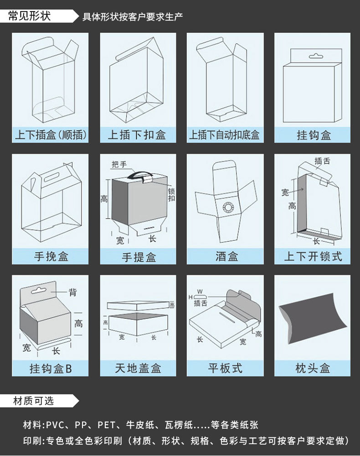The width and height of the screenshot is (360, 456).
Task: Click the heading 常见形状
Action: [30, 16]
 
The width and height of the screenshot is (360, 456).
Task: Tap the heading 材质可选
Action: [33, 401]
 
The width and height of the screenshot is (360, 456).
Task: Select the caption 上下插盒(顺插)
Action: [50, 135]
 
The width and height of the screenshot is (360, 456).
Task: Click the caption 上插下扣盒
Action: [137, 135]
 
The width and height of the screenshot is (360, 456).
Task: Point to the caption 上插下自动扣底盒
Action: [225, 135]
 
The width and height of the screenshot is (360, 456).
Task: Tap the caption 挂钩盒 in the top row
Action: [313, 135]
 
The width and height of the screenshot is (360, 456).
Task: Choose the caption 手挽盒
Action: [50, 256]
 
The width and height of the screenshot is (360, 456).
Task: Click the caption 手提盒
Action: [138, 257]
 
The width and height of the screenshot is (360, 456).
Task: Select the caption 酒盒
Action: [225, 256]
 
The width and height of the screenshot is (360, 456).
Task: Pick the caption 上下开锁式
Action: [313, 256]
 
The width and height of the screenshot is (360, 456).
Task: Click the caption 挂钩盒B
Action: [50, 368]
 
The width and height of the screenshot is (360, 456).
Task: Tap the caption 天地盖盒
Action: [138, 368]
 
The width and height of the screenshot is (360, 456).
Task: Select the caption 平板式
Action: [225, 368]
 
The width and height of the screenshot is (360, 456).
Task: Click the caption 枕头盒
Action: [313, 368]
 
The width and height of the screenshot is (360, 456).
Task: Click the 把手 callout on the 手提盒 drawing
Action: [119, 164]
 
